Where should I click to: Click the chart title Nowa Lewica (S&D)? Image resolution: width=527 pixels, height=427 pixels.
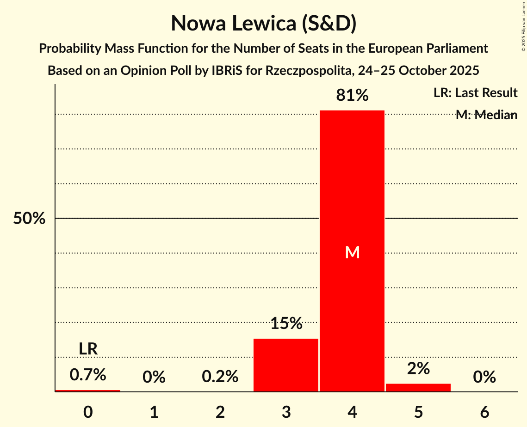(263, 23)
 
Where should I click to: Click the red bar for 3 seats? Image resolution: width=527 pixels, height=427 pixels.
(286, 365)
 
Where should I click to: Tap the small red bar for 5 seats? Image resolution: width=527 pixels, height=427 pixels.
(418, 387)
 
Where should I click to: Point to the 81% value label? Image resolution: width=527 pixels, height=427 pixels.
(352, 96)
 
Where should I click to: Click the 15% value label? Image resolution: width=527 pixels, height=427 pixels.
(286, 323)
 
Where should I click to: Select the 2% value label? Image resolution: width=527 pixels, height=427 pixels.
(418, 369)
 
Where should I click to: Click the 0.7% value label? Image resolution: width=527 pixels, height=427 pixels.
(88, 375)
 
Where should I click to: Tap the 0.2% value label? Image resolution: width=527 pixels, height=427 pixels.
(220, 377)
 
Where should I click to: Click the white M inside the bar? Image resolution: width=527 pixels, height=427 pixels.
(352, 252)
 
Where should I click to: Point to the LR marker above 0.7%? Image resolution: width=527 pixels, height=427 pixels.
(88, 349)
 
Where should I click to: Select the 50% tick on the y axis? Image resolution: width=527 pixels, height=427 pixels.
(29, 219)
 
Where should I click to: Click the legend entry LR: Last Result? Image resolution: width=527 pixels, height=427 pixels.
(475, 93)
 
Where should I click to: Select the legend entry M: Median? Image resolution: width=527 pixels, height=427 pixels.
(486, 115)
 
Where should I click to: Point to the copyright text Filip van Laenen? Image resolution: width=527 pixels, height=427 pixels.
(523, 28)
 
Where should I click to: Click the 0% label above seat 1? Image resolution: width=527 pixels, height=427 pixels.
(154, 377)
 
